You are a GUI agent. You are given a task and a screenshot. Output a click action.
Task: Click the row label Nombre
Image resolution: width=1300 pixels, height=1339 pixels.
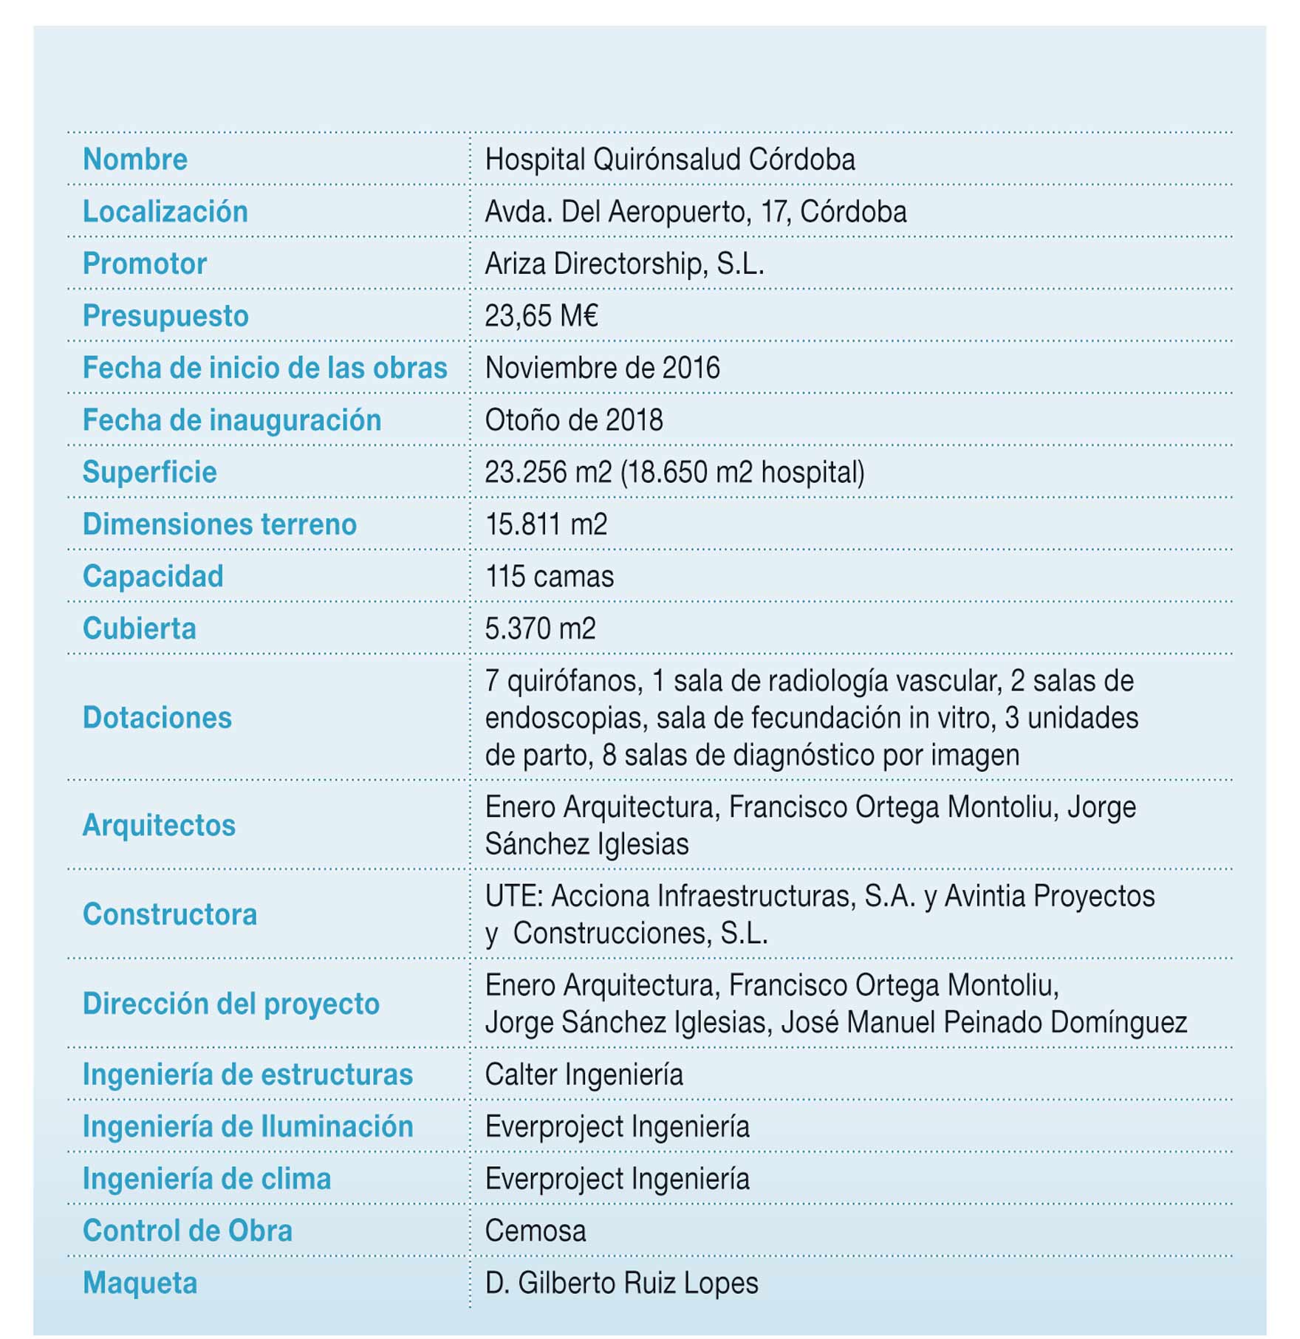[135, 160]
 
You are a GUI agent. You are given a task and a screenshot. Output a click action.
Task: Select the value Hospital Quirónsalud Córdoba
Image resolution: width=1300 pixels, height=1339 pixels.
[669, 160]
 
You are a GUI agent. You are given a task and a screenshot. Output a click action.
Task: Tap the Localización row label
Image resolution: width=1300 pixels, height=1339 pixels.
[165, 212]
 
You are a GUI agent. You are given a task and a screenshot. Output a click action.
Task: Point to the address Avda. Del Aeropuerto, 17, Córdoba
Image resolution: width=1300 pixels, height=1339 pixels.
[695, 212]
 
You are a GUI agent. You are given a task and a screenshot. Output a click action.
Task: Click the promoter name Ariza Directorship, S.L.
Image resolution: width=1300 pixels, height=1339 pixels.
[624, 264]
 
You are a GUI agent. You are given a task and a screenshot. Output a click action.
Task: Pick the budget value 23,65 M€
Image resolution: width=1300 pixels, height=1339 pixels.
[541, 316]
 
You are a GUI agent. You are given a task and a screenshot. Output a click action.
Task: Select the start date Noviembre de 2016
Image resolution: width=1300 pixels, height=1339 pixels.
[602, 368]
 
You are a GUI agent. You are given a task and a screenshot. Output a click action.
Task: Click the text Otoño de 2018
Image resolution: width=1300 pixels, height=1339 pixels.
[573, 420]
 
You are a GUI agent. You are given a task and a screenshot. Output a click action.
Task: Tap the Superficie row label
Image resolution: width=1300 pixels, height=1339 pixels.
[149, 473]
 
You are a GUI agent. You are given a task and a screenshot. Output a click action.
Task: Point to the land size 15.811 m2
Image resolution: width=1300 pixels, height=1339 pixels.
[546, 524]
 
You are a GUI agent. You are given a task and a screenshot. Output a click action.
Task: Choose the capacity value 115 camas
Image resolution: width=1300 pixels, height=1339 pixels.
[549, 577]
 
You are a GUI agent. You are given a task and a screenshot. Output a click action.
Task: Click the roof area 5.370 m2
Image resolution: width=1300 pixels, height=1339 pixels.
[540, 629]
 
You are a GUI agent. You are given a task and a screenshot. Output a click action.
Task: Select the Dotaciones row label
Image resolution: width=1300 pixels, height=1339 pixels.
[157, 718]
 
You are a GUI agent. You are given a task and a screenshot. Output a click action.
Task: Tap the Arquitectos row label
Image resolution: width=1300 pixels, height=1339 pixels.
[159, 825]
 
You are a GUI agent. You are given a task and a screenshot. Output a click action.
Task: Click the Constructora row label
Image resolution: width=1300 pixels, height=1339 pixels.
[170, 914]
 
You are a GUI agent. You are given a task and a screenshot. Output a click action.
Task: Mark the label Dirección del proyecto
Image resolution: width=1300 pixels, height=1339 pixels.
[230, 1004]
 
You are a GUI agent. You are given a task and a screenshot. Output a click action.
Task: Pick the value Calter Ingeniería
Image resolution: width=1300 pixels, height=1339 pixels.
[584, 1075]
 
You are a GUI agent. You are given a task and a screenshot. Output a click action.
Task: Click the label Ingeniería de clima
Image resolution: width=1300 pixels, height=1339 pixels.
[206, 1179]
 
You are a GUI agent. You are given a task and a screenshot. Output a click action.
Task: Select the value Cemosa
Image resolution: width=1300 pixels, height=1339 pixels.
[536, 1231]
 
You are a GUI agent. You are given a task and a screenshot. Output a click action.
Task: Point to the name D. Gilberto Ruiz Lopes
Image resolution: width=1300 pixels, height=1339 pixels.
[621, 1283]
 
